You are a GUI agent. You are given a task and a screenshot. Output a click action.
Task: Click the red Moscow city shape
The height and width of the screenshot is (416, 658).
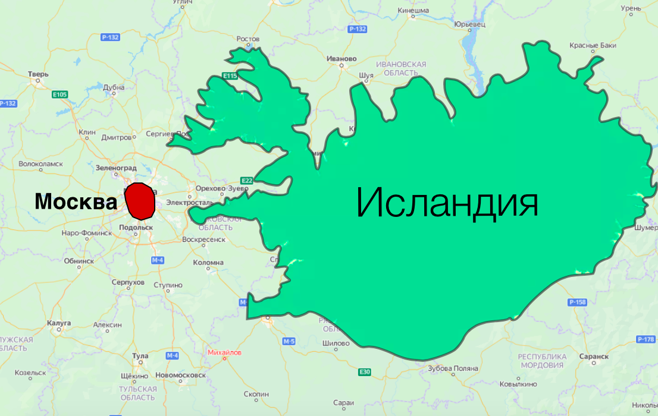(x=140, y=201)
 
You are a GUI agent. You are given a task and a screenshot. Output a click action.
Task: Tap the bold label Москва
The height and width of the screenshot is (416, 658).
(x=76, y=202)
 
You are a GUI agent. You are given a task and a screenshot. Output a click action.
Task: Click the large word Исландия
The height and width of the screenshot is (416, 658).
(x=447, y=203)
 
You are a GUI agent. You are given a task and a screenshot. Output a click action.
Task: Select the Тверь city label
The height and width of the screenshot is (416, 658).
(x=37, y=74)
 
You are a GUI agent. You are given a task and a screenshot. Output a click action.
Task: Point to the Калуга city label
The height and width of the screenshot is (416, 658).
(x=58, y=323)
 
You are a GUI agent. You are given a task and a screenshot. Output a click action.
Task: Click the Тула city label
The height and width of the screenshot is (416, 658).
(x=140, y=356)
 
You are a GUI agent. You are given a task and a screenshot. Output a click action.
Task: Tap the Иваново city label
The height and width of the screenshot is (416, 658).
(x=341, y=59)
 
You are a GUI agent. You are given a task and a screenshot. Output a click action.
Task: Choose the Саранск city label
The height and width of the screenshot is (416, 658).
(x=593, y=356)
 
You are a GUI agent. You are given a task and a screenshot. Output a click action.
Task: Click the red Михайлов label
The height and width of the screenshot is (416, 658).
(x=225, y=352)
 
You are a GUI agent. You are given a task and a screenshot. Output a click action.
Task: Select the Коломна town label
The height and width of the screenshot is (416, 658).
(x=208, y=262)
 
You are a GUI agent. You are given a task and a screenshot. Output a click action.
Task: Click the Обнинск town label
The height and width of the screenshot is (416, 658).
(x=79, y=261)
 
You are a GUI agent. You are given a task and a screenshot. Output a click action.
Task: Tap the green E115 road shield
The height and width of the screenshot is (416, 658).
(x=230, y=76)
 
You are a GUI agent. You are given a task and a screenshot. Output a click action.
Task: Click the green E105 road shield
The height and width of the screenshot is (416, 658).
(x=60, y=94)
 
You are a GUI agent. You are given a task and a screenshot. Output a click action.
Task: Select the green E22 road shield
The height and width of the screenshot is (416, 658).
(x=247, y=180)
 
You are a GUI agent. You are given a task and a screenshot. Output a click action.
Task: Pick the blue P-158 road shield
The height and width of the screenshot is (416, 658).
(x=577, y=302)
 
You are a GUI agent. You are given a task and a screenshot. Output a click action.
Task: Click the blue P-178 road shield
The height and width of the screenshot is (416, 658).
(x=646, y=339)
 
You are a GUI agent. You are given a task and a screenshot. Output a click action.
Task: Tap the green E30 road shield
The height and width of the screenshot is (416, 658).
(x=365, y=372)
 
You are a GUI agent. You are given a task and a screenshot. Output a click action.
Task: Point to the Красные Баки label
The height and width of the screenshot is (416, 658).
(x=593, y=45)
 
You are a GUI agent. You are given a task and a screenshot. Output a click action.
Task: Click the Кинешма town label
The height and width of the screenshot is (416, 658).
(x=413, y=10)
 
